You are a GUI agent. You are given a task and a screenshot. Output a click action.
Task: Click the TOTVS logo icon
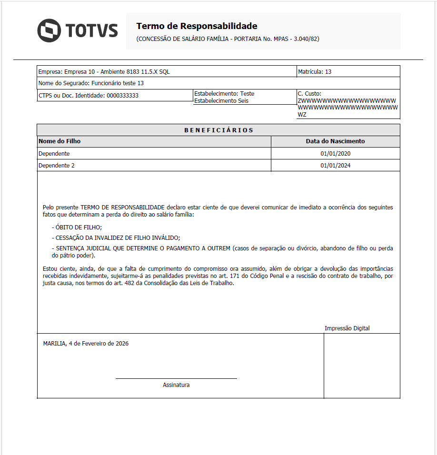[x=49, y=30]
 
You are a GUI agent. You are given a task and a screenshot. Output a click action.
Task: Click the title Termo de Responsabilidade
[x=197, y=26]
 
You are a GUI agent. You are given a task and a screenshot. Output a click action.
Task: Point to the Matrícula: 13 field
[x=315, y=72]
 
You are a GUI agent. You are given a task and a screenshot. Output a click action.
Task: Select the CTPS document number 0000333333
[x=122, y=96]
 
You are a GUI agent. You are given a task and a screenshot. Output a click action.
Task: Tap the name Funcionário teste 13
[x=118, y=83]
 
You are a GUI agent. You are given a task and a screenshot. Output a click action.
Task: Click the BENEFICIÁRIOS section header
[x=218, y=130]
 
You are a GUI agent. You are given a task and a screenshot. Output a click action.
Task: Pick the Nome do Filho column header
[x=60, y=141]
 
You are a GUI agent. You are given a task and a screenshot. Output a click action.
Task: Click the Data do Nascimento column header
[x=335, y=141]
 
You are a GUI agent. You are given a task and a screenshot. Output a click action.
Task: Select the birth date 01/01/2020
[x=335, y=154]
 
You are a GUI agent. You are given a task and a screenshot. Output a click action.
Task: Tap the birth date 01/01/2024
[x=335, y=166]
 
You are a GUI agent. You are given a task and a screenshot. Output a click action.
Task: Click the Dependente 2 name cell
[x=57, y=166]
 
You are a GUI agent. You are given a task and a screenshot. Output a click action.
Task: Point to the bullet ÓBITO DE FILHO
[x=78, y=227]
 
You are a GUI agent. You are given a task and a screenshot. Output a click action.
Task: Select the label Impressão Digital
[x=347, y=328]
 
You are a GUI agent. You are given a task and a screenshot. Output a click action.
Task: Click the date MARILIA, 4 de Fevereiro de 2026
[x=86, y=344]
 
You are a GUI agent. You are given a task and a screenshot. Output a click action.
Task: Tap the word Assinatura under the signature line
[x=176, y=385]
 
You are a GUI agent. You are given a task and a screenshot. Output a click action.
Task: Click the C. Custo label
[x=309, y=94]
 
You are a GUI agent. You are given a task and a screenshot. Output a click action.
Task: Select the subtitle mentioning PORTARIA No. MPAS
[x=228, y=39]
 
